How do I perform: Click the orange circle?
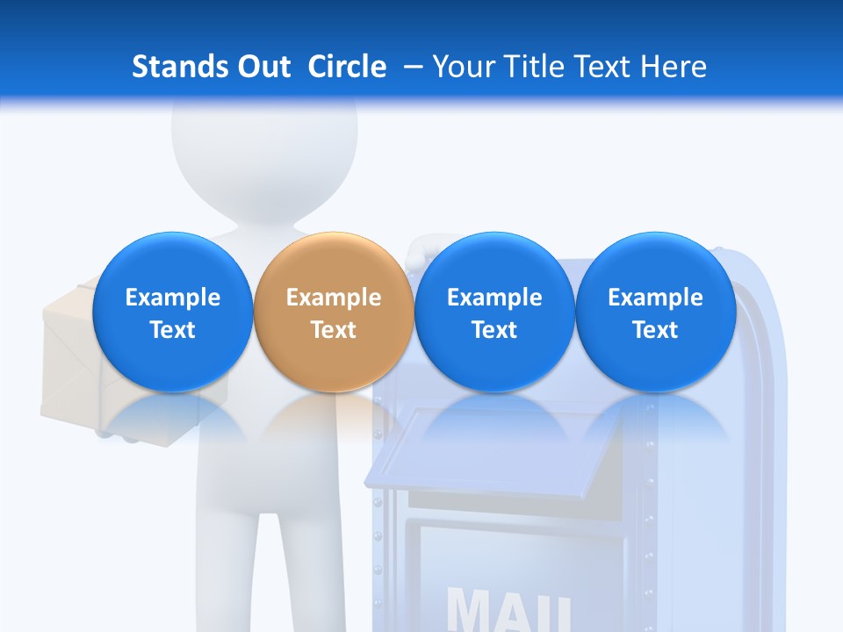coord(334,312)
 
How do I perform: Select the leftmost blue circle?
coord(172,312)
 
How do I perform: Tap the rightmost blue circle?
coord(655,312)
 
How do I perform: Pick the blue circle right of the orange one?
coord(494,312)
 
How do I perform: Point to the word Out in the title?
coord(257,67)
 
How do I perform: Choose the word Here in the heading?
coord(674,67)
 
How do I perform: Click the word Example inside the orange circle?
coord(334,298)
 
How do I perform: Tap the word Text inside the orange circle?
coord(334,330)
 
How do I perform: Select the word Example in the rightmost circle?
coord(655,298)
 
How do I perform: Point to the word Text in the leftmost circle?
coord(172,330)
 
